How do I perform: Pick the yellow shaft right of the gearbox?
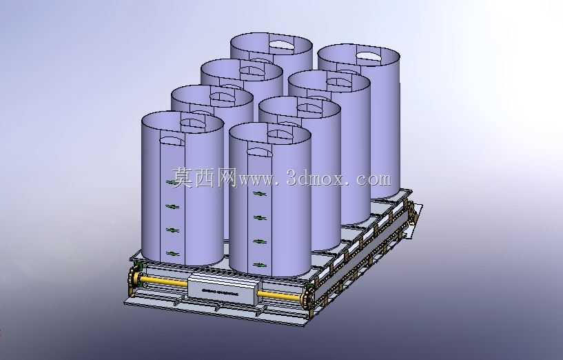[x=280, y=295]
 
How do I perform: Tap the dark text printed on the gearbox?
[x=220, y=291]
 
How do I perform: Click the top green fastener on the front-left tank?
[x=173, y=183]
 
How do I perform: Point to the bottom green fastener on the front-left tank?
[x=173, y=254]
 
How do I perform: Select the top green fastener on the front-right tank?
[x=260, y=194]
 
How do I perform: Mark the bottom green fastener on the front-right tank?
[x=260, y=266]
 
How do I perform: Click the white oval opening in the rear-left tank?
[x=281, y=44]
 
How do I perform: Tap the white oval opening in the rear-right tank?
[x=369, y=55]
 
